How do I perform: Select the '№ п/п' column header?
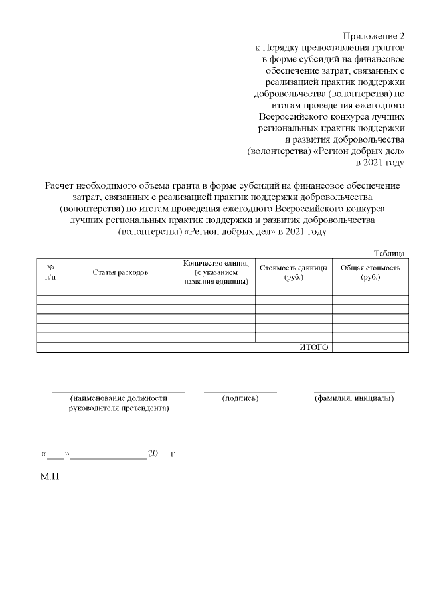[x=50, y=272]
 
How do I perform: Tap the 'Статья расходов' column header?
[x=120, y=272]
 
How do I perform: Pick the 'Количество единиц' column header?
[x=216, y=272]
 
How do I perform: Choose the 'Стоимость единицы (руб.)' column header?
[x=294, y=272]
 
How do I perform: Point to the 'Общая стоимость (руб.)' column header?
[x=370, y=272]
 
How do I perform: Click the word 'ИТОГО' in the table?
[x=314, y=347]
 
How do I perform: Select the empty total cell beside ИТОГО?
[x=370, y=347]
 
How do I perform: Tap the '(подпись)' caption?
[x=240, y=398]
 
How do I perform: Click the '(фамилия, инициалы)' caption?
[x=354, y=398]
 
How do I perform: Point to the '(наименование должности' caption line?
[x=119, y=398]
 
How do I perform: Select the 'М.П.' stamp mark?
[x=51, y=478]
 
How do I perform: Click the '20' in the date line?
[x=153, y=454]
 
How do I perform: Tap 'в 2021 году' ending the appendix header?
[x=380, y=162]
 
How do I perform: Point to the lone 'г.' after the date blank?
[x=173, y=454]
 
